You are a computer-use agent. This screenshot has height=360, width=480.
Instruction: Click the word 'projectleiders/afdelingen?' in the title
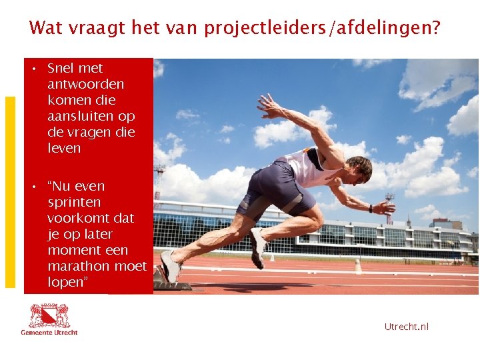point(322,29)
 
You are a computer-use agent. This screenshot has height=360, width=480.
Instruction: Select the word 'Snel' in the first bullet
point(61,68)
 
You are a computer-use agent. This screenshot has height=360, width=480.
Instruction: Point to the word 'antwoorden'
point(85,84)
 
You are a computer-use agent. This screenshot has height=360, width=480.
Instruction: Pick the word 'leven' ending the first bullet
point(64,148)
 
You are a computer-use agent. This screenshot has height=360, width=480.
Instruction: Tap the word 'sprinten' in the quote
point(74,202)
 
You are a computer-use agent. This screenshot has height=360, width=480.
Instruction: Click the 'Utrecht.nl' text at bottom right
point(406,326)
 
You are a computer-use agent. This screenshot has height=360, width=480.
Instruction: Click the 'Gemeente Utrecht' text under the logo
point(49,332)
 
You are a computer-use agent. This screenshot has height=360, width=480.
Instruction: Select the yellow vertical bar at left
point(10,192)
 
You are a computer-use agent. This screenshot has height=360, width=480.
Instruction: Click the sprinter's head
point(360,169)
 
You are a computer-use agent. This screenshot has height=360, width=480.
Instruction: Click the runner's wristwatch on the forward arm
point(371,208)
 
